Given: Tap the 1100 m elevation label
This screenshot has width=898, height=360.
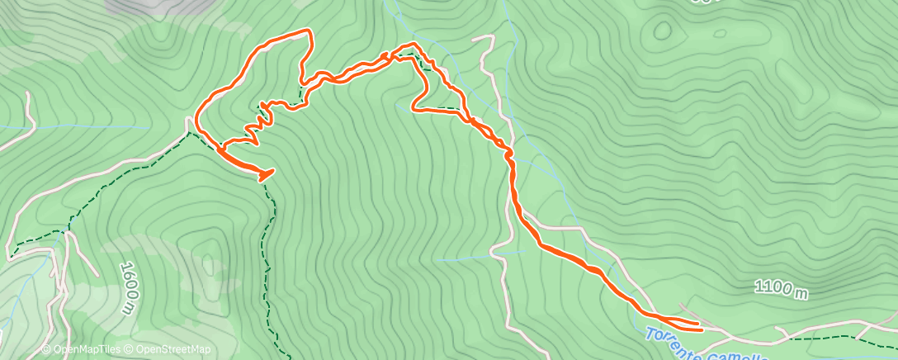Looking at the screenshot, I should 780,289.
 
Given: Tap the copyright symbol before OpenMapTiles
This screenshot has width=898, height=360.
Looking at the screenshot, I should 46,349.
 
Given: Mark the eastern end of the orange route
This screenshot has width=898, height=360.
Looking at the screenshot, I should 700,328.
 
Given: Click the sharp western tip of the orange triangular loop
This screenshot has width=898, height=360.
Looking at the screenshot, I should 413,107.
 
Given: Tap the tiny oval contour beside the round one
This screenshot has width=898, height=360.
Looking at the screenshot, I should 720,35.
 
